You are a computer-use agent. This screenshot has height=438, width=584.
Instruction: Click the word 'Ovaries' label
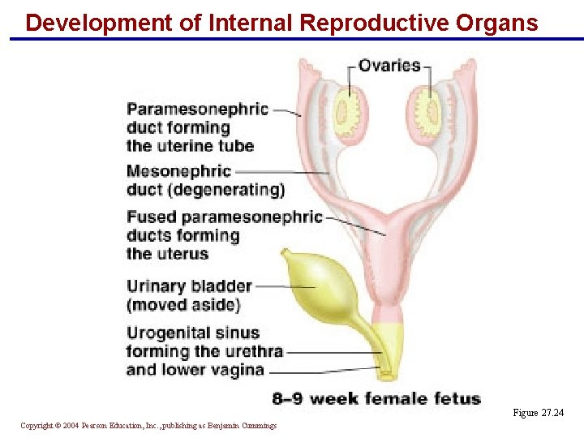389,66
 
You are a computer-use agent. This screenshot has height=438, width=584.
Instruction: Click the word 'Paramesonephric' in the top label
197,109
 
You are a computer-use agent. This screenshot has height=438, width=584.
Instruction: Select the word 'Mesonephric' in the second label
178,172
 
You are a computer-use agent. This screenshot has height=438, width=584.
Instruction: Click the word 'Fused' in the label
151,217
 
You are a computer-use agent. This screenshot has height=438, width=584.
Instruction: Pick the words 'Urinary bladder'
189,286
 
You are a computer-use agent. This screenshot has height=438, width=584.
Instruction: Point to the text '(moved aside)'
183,306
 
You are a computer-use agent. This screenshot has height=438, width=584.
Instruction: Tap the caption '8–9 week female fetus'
376,398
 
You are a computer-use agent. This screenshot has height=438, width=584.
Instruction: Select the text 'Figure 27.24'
538,414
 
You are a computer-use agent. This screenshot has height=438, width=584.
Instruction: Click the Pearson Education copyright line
148,426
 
